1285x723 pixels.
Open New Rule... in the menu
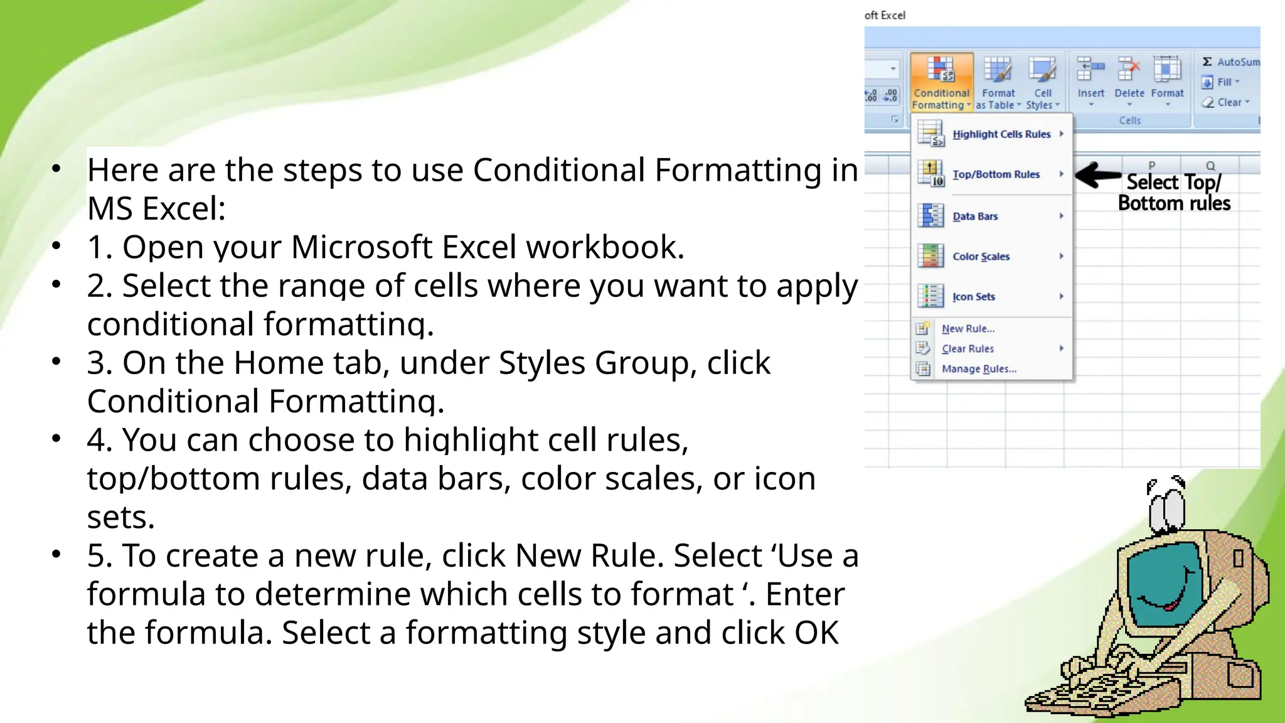968,329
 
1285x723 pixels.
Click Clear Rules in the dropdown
968,349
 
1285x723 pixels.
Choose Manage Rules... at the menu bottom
978,369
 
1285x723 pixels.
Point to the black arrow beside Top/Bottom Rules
1097,175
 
